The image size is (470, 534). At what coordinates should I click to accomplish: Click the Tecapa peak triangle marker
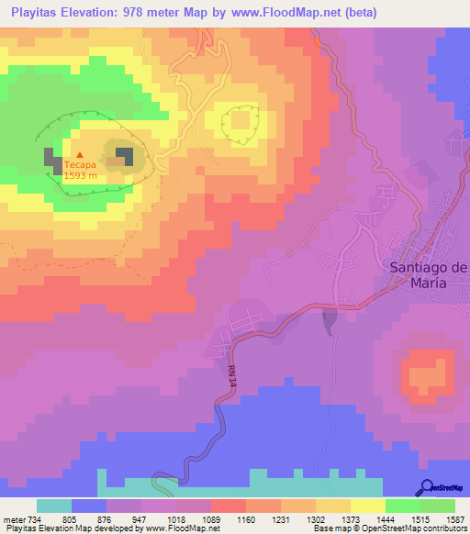[79, 154]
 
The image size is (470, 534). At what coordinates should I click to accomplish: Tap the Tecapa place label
[80, 167]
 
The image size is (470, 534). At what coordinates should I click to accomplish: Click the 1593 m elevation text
[80, 177]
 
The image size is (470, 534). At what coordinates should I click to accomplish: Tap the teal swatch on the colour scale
[54, 506]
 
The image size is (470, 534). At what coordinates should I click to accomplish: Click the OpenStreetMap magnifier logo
[428, 487]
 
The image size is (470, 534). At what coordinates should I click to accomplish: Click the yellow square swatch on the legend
[368, 506]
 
